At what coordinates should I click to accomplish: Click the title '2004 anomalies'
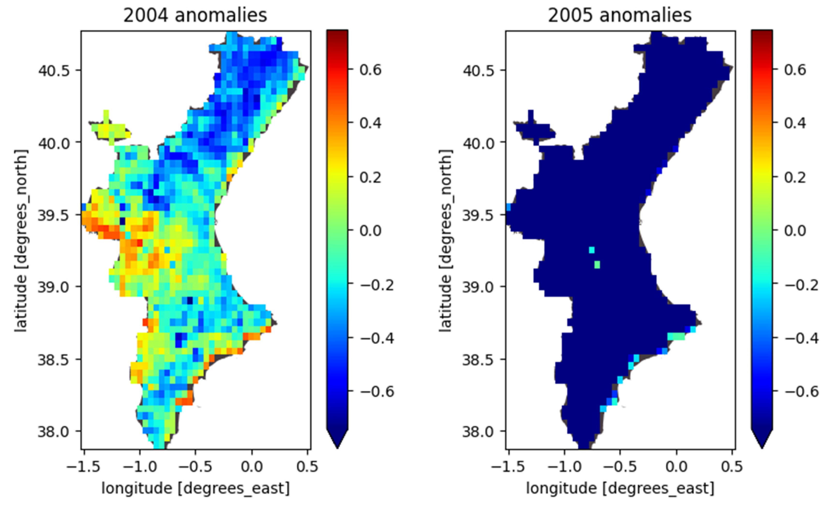tap(195, 15)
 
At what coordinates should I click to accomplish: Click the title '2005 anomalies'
tap(620, 15)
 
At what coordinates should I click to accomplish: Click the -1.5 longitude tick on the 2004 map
tap(84, 467)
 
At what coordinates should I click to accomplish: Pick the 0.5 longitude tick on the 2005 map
tap(732, 467)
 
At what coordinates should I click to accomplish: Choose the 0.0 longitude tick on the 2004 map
tap(251, 467)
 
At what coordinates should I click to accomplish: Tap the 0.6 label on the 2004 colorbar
tap(370, 70)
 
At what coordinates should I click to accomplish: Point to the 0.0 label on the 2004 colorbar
tap(370, 231)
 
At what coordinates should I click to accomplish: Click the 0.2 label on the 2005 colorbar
tap(795, 177)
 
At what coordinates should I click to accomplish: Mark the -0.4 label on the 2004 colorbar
tap(377, 338)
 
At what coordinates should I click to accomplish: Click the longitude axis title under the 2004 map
tap(195, 488)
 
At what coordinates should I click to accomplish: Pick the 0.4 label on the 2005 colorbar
tap(795, 123)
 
